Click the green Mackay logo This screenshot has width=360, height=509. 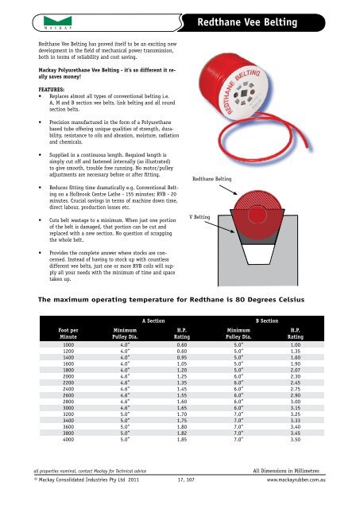[58, 22]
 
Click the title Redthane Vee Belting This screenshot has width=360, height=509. [247, 22]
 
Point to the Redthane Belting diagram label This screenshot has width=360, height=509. [211, 179]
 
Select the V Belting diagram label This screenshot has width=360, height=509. [199, 217]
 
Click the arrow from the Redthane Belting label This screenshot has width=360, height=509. [228, 190]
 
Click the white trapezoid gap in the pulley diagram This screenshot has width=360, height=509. [258, 254]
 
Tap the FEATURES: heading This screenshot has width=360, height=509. [51, 90]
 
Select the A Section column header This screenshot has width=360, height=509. [153, 321]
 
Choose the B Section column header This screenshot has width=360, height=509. [267, 321]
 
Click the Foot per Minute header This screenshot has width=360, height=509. [68, 333]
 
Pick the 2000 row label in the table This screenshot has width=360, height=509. [68, 376]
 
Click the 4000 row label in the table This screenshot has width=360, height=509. [68, 439]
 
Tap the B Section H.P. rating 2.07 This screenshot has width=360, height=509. [295, 370]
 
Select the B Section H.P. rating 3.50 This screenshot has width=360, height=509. [295, 439]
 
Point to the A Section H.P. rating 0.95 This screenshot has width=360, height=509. [182, 357]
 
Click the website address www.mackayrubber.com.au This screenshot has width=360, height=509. [296, 480]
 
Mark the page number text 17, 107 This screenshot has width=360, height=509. [186, 480]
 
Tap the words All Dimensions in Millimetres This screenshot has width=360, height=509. [286, 471]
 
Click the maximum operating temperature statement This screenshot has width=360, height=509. [171, 299]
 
